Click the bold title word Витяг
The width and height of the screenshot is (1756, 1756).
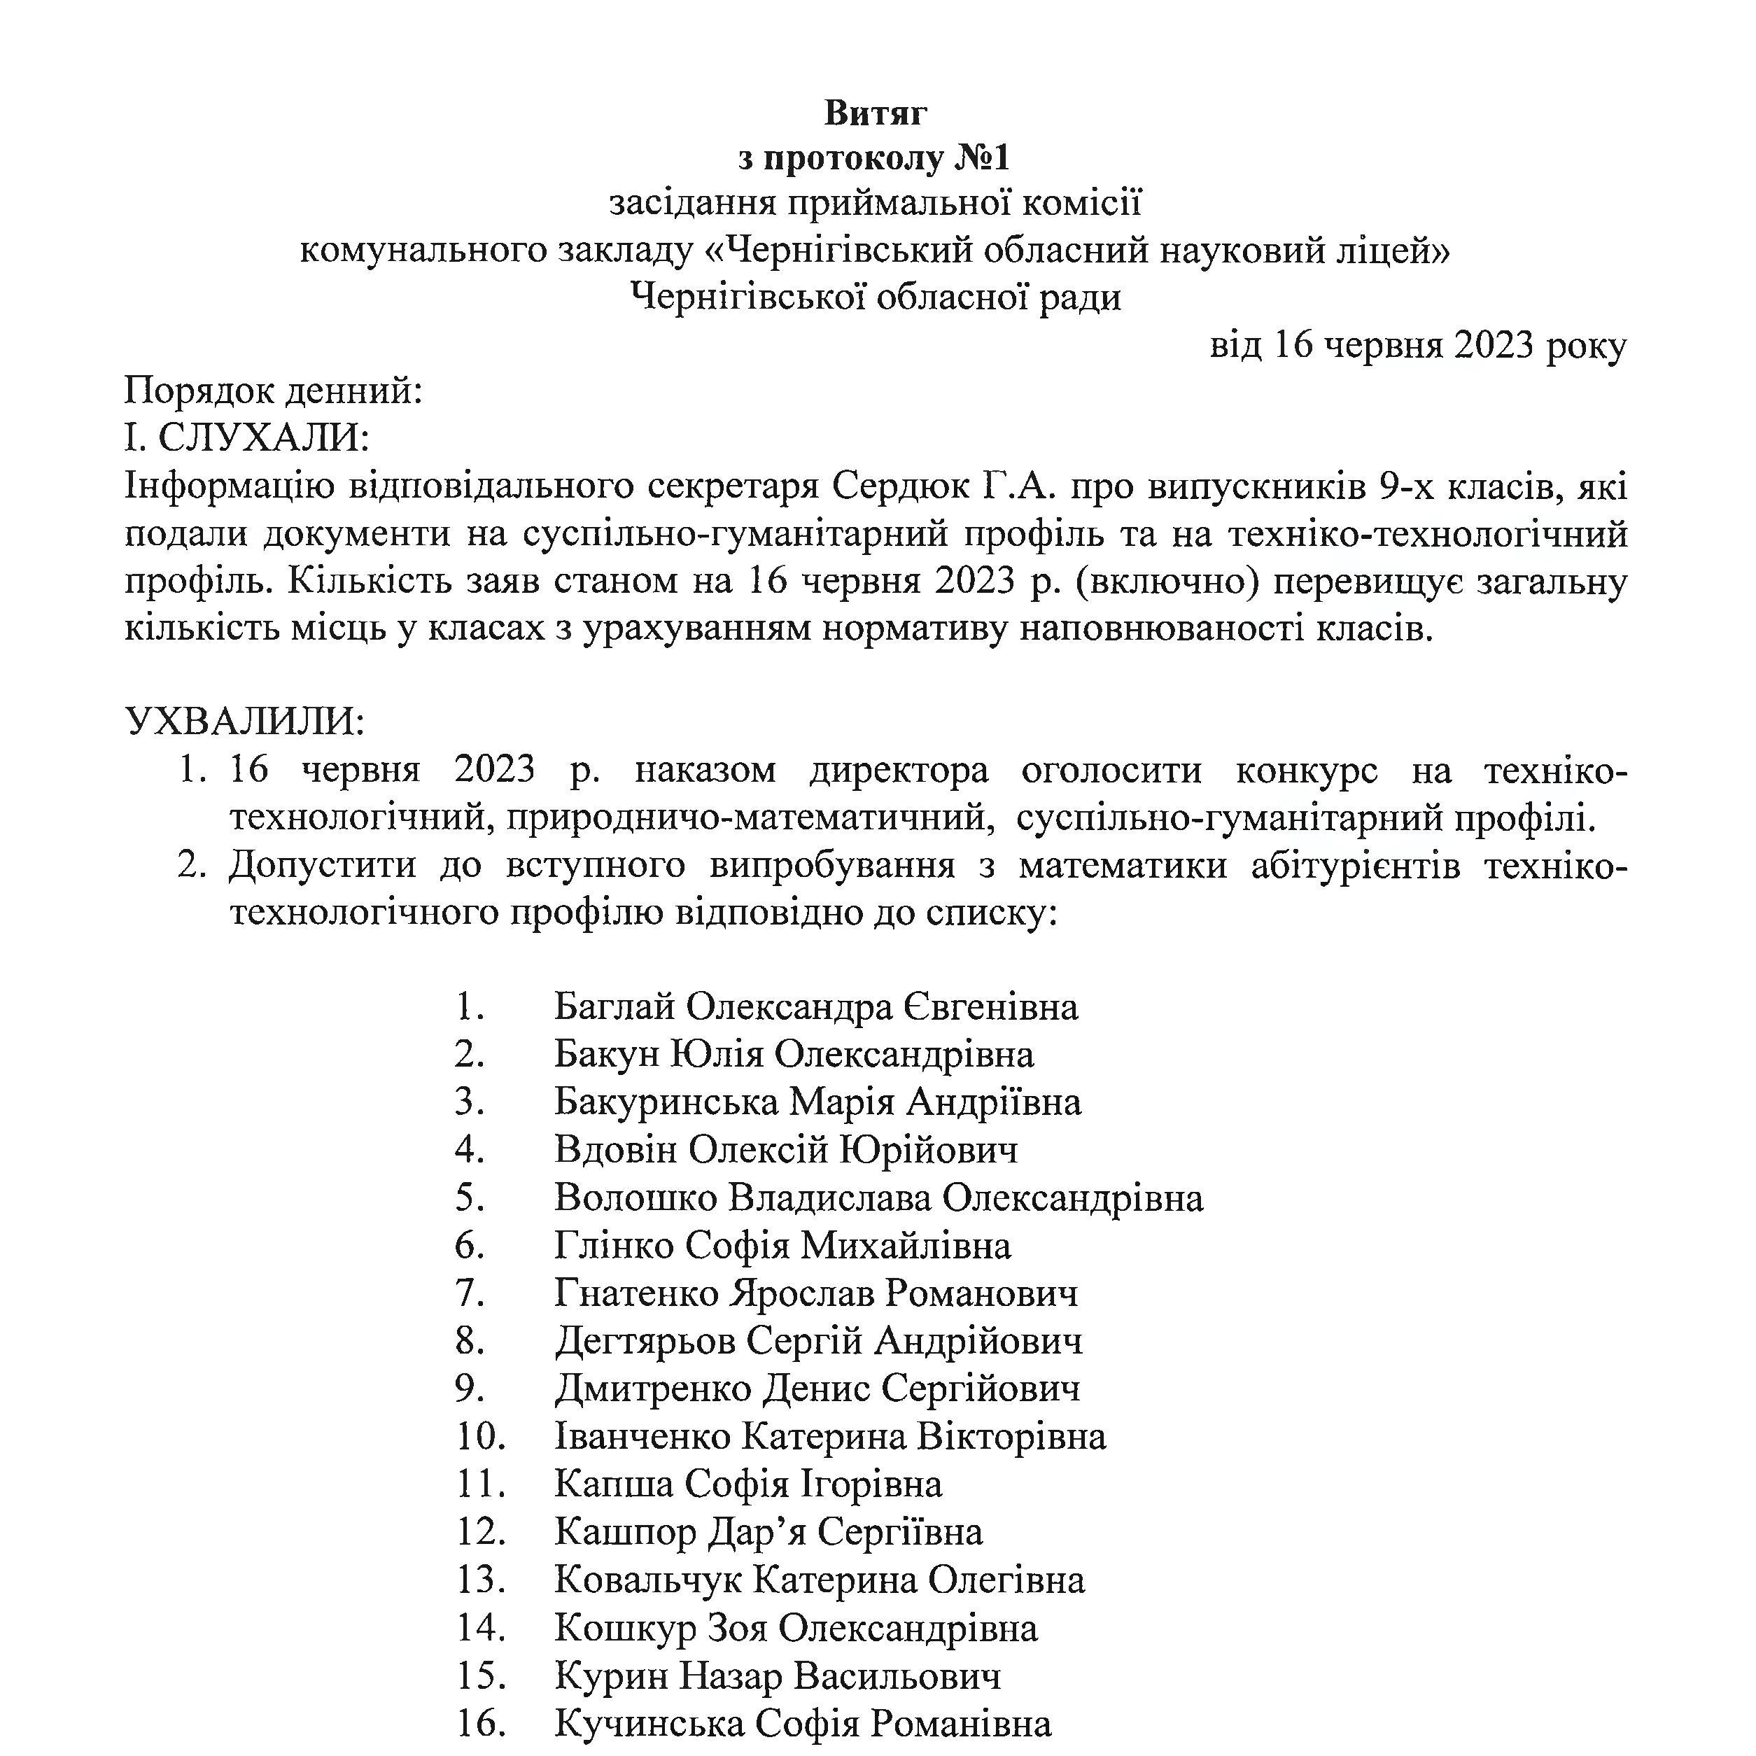point(876,113)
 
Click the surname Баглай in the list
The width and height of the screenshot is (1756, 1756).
point(614,1007)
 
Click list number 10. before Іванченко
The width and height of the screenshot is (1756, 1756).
point(481,1437)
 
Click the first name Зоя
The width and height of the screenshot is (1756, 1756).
point(736,1628)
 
